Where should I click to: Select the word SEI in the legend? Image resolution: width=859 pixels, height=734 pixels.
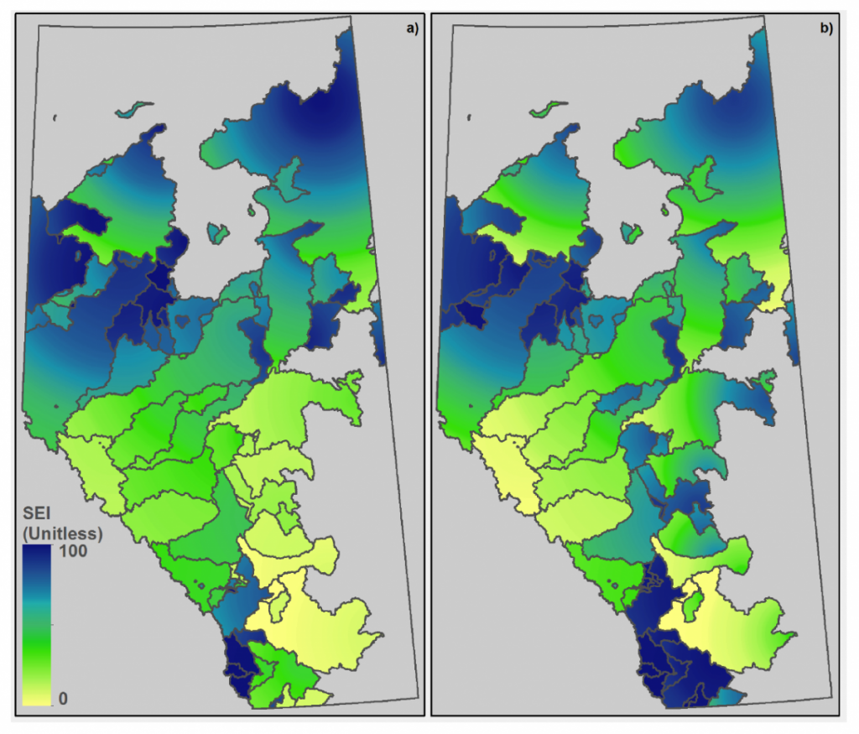[x=39, y=517]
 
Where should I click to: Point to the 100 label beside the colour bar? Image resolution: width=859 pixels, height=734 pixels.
[x=71, y=554]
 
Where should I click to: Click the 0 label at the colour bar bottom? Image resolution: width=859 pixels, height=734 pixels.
[x=63, y=699]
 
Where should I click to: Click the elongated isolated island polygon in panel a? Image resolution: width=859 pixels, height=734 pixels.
[x=135, y=109]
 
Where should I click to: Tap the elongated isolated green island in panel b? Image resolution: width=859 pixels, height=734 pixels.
[x=548, y=109]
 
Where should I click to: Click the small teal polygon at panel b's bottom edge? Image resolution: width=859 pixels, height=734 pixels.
[x=730, y=695]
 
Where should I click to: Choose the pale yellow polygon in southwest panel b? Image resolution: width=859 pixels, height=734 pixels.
[x=503, y=470]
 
